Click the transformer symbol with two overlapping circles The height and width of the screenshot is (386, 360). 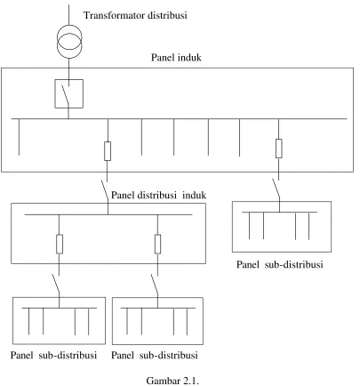pos(69,42)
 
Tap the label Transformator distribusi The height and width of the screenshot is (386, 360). pos(135,15)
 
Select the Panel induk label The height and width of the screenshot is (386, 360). pos(176,57)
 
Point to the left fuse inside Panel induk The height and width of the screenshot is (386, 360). pos(108,151)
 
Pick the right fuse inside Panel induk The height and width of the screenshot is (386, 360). pos(278,149)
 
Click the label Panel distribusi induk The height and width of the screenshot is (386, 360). pos(158,195)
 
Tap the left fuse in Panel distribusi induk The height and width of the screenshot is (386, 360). pos(60,244)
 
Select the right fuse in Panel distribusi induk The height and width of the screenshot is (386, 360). pos(157,244)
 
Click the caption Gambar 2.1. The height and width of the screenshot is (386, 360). pos(172,381)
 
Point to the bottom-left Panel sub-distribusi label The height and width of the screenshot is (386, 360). pos(53,355)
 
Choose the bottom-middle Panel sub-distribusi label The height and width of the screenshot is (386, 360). pos(155,355)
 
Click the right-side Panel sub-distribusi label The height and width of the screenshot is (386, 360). pos(279,264)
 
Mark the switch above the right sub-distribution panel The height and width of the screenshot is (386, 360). pos(276,189)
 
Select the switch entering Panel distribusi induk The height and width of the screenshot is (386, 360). pos(105,191)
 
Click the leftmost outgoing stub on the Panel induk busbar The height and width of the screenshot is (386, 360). pos(19,137)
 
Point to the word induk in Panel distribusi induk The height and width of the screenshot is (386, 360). pos(194,195)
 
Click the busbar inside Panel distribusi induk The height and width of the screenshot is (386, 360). pos(108,214)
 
